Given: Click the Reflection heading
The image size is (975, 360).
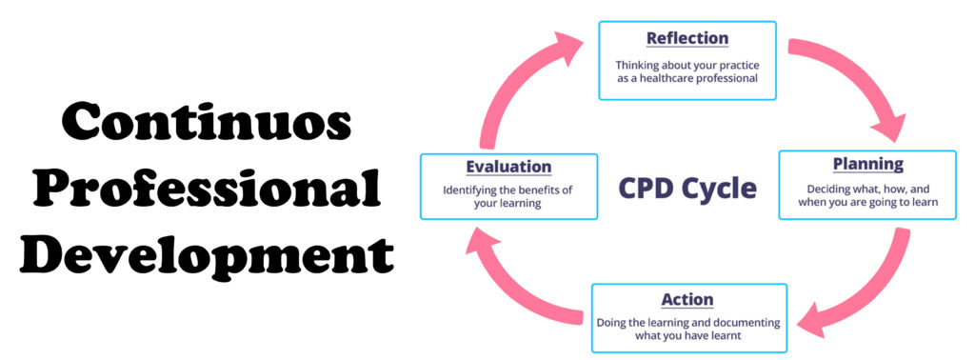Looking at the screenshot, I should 686,38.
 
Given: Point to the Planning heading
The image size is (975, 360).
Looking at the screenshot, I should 867,164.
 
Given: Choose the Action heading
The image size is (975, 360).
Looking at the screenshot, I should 689,299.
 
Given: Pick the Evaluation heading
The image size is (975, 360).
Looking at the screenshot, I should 508,167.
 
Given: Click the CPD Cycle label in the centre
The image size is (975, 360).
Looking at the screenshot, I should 687,188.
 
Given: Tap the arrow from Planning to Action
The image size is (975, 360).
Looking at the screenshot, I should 862,286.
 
